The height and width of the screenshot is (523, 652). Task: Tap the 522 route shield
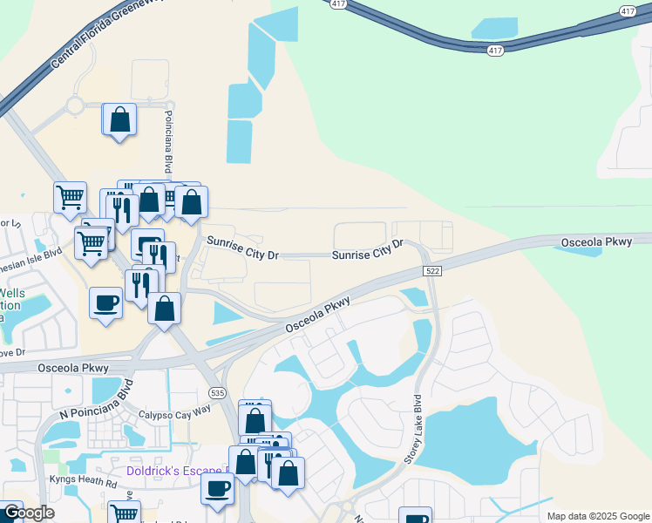(432, 272)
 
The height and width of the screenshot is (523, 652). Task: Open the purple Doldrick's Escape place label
(177, 471)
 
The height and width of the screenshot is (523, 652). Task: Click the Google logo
(28, 513)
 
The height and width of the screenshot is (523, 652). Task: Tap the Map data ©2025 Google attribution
(598, 516)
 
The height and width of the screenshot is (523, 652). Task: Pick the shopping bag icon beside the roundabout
(120, 119)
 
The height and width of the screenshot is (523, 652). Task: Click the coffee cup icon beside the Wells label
(105, 302)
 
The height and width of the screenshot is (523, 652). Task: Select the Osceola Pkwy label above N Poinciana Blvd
(71, 368)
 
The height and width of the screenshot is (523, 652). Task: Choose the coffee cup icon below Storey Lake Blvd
(417, 518)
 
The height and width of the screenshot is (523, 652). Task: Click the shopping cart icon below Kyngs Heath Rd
(125, 514)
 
